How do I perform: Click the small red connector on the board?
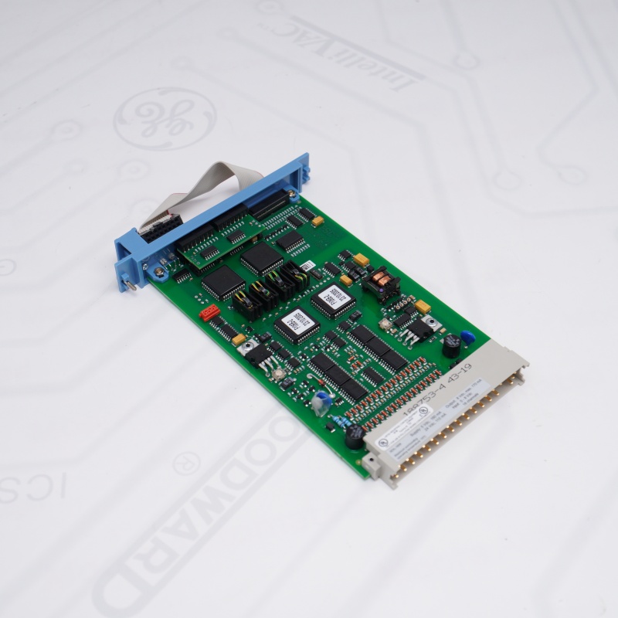(209, 312)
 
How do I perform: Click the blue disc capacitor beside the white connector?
(467, 337)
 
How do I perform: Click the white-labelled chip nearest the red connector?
(296, 325)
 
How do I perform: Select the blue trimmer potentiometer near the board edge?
(322, 400)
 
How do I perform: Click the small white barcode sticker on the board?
(307, 266)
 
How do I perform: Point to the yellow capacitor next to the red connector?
(239, 338)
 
